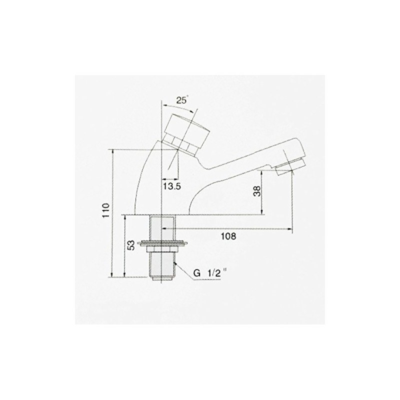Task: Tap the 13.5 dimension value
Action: [172, 186]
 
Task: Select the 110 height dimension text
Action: [106, 210]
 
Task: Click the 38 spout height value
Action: [257, 190]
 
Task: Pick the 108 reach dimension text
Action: [228, 236]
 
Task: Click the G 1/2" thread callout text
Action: [209, 273]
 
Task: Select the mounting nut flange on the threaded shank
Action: [163, 243]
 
